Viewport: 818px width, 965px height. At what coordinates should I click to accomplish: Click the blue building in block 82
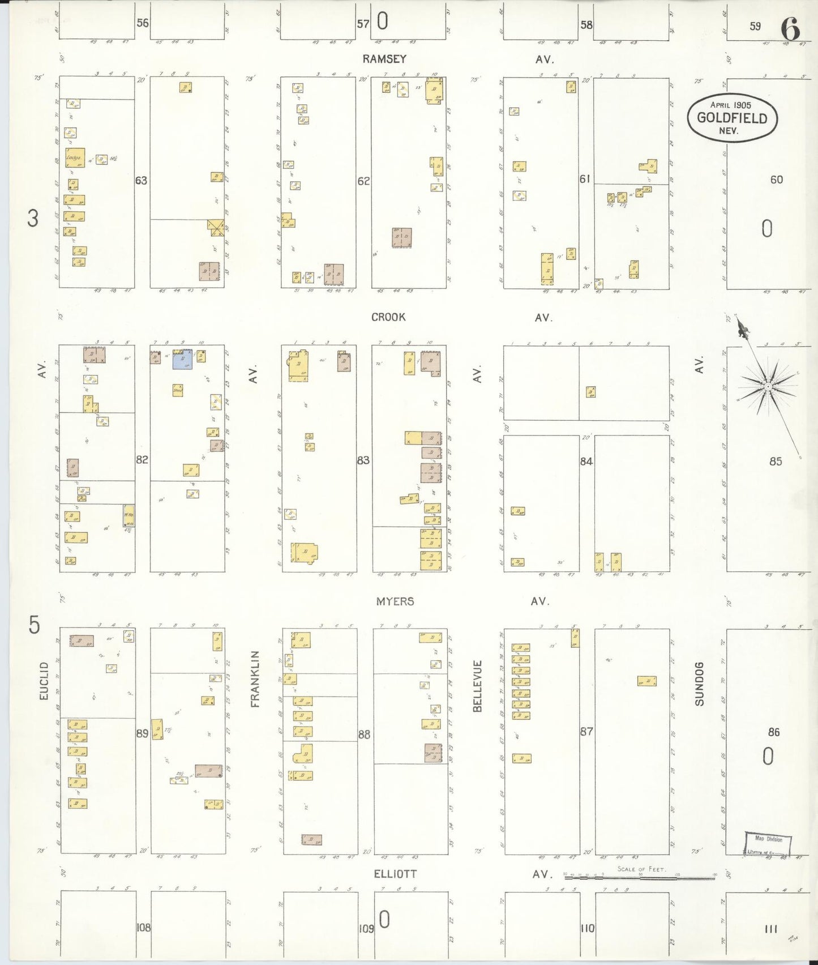click(x=182, y=360)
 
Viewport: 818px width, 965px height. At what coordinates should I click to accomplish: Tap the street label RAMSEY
click(x=385, y=59)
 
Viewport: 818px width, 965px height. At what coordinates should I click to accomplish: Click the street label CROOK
click(x=388, y=317)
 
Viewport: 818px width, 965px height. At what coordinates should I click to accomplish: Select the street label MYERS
click(x=395, y=601)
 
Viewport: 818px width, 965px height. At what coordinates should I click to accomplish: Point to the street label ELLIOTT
click(x=395, y=874)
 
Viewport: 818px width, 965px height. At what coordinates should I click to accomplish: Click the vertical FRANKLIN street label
click(x=255, y=679)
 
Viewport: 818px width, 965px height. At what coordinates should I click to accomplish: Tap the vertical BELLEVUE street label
click(x=477, y=686)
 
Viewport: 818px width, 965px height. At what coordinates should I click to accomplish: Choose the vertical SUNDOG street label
click(x=700, y=684)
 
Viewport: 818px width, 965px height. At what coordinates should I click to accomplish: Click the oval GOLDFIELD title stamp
click(x=731, y=118)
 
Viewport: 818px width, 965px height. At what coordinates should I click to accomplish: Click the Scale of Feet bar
click(x=640, y=877)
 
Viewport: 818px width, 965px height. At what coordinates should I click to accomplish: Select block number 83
click(x=363, y=460)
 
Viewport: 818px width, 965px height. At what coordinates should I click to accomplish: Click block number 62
click(x=363, y=181)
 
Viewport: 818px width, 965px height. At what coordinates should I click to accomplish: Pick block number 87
click(x=586, y=731)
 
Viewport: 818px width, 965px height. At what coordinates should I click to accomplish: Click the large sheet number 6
click(x=790, y=29)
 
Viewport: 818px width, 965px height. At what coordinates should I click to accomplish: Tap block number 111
click(x=770, y=928)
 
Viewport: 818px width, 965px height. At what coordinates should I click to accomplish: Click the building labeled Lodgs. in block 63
click(x=75, y=158)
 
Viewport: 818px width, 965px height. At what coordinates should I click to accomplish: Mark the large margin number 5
click(x=35, y=626)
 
